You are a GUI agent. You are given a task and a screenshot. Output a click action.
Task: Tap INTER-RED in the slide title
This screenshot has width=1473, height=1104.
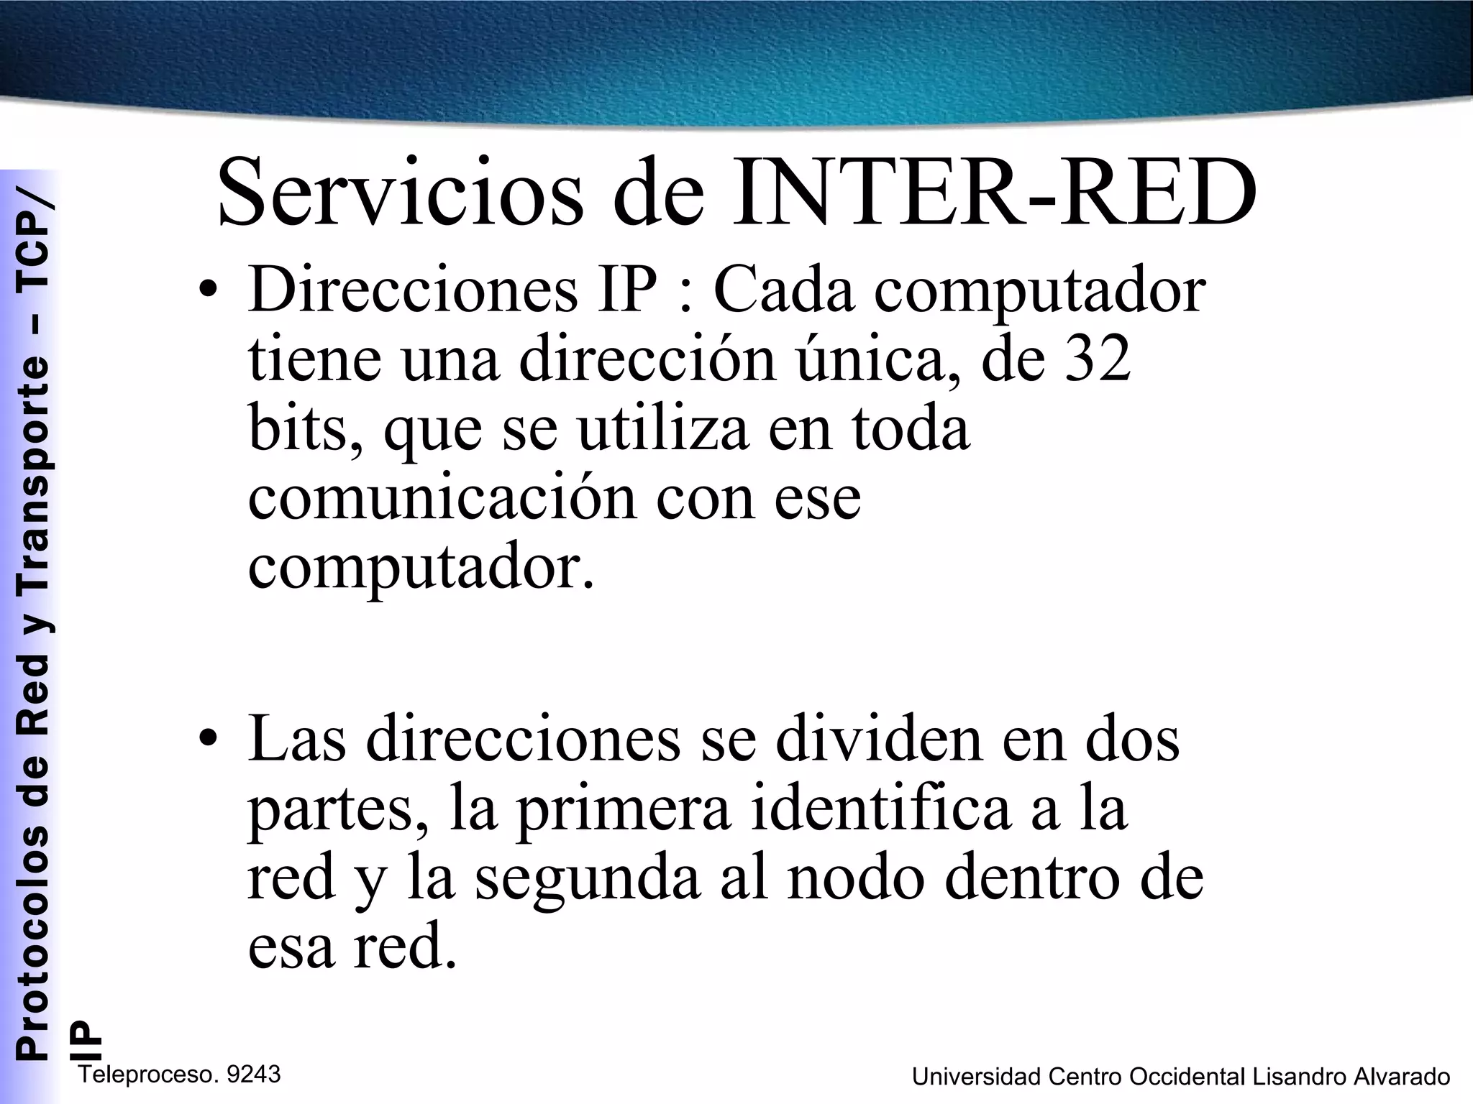pos(993,193)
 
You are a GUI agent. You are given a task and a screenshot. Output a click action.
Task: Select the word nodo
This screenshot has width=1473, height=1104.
pos(854,878)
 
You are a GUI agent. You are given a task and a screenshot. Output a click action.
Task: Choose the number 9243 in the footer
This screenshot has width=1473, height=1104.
pos(252,1075)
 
